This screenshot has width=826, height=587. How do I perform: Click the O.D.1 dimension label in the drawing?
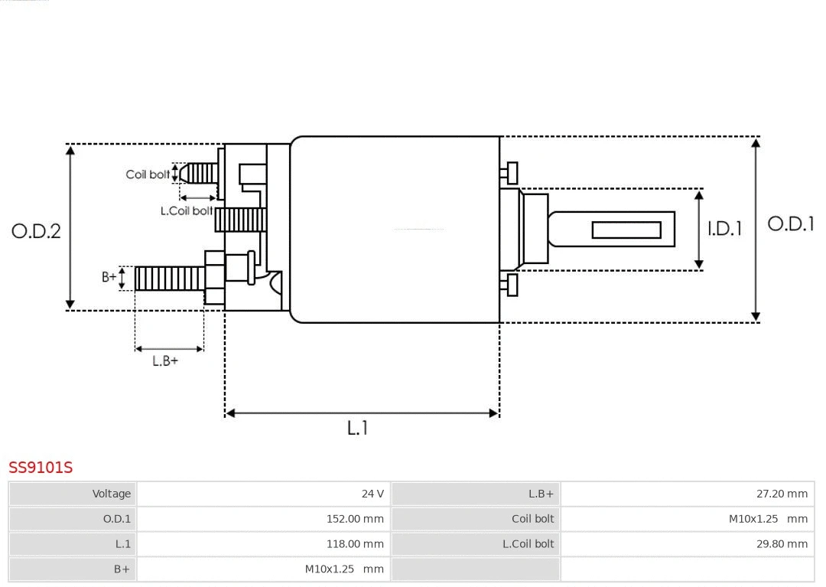pyautogui.click(x=790, y=223)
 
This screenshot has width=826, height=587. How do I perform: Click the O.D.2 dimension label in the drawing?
pyautogui.click(x=36, y=230)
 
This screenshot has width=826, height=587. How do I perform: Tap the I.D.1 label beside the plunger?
pyautogui.click(x=724, y=228)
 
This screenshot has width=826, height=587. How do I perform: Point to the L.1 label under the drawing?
pyautogui.click(x=357, y=428)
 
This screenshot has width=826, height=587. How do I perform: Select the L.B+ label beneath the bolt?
pyautogui.click(x=165, y=361)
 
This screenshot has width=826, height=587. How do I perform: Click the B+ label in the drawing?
pyautogui.click(x=109, y=277)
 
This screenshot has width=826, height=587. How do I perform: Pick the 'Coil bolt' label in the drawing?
pyautogui.click(x=148, y=174)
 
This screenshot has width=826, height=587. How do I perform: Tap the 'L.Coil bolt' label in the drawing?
pyautogui.click(x=186, y=210)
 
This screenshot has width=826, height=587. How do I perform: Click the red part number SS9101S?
pyautogui.click(x=41, y=467)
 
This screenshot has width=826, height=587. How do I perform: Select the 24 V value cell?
pyautogui.click(x=372, y=494)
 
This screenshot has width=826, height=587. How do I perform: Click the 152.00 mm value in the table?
pyautogui.click(x=355, y=519)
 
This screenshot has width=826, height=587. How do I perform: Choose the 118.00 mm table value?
pyautogui.click(x=355, y=544)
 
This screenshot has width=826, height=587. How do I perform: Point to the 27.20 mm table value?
pyautogui.click(x=782, y=494)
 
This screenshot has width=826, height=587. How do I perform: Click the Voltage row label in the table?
pyautogui.click(x=112, y=494)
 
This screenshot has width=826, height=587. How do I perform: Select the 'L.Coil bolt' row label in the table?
pyautogui.click(x=528, y=544)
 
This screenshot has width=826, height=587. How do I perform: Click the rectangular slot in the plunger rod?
pyautogui.click(x=626, y=230)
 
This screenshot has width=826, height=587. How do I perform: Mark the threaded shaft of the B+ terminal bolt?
pyautogui.click(x=170, y=279)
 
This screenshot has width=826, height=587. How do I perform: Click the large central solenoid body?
pyautogui.click(x=395, y=230)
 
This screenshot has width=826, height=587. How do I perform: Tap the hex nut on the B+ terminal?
pyautogui.click(x=215, y=278)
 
